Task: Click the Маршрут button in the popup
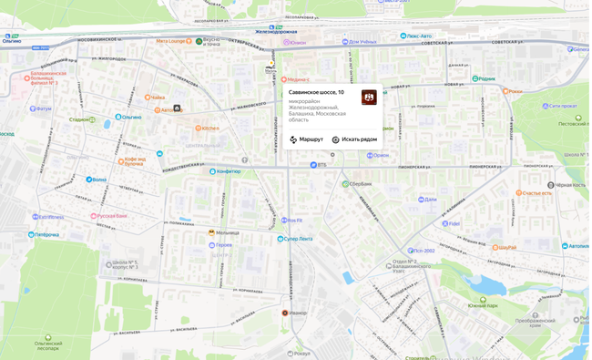coord(307,139)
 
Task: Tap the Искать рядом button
coord(355,139)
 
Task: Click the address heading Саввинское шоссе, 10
coord(316,92)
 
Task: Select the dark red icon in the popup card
coord(369,98)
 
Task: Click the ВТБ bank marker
coord(313,165)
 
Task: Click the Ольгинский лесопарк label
coord(47,345)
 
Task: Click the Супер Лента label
coord(298,239)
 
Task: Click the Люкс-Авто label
coord(419,36)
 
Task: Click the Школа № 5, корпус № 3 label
coord(125,264)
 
